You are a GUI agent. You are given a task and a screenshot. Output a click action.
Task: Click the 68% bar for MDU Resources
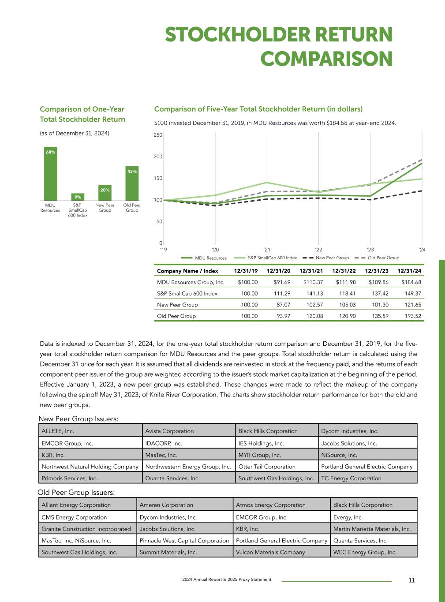coord(51,174)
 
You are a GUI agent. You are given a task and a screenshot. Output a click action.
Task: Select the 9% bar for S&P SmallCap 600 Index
coord(78,197)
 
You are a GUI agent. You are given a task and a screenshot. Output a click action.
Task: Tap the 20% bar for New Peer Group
coord(105,193)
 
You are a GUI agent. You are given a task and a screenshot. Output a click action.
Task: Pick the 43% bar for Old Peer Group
coord(132,183)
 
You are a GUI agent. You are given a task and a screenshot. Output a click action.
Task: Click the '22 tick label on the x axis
coord(318,250)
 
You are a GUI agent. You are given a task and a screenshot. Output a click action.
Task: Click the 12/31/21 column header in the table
coord(311,271)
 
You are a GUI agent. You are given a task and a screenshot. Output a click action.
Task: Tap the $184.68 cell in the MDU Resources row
coord(411,282)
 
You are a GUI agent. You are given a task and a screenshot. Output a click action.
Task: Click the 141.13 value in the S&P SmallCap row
coord(314,293)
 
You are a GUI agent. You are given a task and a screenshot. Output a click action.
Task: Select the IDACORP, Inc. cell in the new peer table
coord(164,443)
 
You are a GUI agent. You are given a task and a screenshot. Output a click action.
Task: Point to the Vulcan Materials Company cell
coord(270,552)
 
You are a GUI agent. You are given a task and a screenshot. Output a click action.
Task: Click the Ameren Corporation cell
coord(166,505)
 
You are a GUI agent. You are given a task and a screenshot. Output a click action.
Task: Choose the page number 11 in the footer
coord(411,580)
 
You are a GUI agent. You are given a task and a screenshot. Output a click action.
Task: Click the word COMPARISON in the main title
coord(326,59)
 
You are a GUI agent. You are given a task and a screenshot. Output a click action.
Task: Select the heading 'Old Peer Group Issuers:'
coord(76,492)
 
